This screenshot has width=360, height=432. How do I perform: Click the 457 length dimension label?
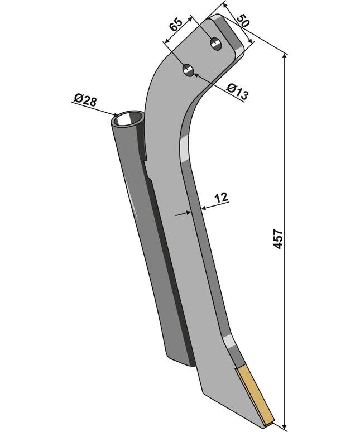[279, 239]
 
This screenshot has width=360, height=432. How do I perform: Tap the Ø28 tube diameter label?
[85, 100]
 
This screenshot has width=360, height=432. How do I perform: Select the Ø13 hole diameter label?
[237, 92]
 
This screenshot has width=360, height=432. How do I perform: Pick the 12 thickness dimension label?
[221, 198]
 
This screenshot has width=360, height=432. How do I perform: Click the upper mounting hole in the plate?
[215, 44]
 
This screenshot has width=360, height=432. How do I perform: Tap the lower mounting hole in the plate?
[189, 70]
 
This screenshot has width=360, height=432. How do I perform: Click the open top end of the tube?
[127, 119]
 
